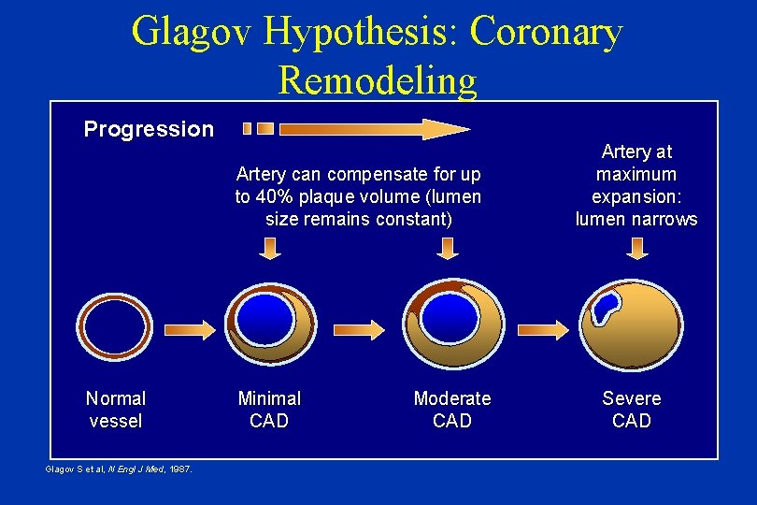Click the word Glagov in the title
click(192, 32)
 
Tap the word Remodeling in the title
click(377, 80)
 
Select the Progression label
click(149, 129)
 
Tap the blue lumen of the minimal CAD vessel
click(264, 318)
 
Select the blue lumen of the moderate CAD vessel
click(450, 316)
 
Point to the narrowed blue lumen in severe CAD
click(606, 305)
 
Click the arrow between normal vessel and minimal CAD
click(191, 329)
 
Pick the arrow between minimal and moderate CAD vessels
click(360, 329)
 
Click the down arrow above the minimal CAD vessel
click(269, 248)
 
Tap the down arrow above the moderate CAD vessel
click(449, 248)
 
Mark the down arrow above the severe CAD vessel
click(638, 248)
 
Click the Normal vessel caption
click(116, 410)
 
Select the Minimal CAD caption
click(269, 410)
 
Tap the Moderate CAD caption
click(452, 410)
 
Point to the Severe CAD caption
click(632, 410)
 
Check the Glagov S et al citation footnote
click(119, 469)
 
